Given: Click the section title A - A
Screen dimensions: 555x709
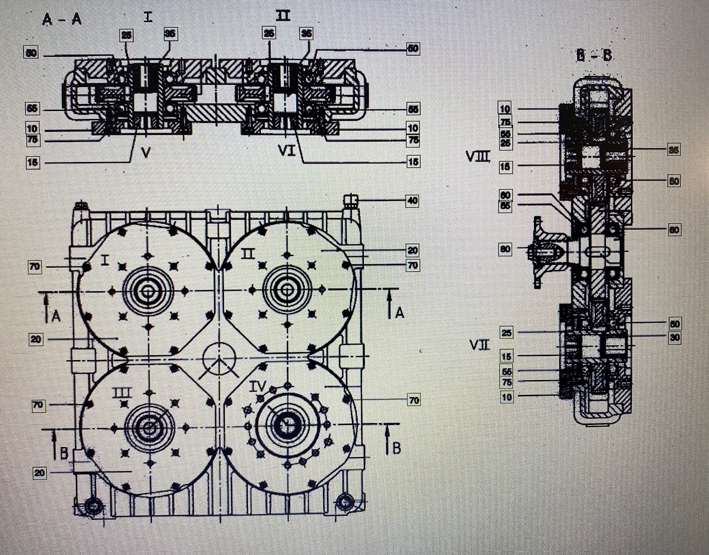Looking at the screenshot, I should click(x=62, y=20).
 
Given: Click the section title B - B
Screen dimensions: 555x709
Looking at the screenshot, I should click(x=593, y=55).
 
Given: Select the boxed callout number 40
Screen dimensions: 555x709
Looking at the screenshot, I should click(x=413, y=201).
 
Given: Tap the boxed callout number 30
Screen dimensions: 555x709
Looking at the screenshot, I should click(x=674, y=337).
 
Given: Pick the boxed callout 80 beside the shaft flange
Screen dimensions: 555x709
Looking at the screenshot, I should click(x=505, y=249).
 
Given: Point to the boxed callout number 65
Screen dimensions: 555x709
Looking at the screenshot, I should click(x=505, y=206).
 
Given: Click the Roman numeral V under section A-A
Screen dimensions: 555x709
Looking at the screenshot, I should click(x=146, y=152).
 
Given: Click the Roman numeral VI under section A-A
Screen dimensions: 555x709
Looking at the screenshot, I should click(x=287, y=152).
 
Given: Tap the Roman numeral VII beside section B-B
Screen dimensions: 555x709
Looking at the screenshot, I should click(x=479, y=345).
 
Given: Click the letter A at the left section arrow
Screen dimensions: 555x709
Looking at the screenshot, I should click(x=56, y=316).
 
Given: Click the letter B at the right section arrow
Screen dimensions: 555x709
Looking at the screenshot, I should click(x=397, y=448).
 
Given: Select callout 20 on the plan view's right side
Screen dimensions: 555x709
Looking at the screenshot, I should click(x=413, y=250).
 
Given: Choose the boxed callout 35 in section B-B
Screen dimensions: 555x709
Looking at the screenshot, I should click(x=674, y=150).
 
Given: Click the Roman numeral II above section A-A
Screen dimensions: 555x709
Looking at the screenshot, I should click(x=283, y=16).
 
